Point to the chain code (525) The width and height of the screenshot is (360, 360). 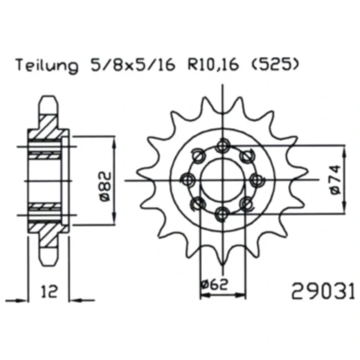coord(276,67)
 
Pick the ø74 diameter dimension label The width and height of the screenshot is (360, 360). coord(335,181)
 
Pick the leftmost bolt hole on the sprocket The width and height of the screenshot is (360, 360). coord(186,180)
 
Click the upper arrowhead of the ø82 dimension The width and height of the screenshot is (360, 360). coord(113,141)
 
